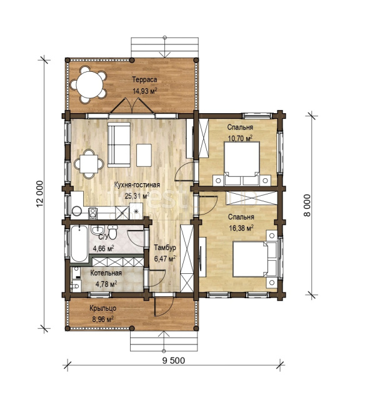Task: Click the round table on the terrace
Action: click(90, 84)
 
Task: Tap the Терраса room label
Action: click(144, 79)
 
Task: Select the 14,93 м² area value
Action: click(145, 91)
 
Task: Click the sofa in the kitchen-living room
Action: click(119, 144)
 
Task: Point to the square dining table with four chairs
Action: click(89, 164)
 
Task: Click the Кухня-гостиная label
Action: click(137, 185)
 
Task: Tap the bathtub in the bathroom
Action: click(79, 244)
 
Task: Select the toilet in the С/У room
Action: click(112, 231)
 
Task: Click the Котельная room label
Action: click(106, 273)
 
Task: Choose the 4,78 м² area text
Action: click(106, 284)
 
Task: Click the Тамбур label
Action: click(165, 248)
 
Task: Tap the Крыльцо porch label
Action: click(102, 308)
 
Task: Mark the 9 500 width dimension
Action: click(173, 360)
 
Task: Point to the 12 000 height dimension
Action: click(40, 194)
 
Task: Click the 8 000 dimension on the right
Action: click(306, 205)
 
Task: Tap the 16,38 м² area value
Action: click(241, 228)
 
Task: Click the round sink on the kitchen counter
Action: click(76, 211)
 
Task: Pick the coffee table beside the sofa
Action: click(144, 155)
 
